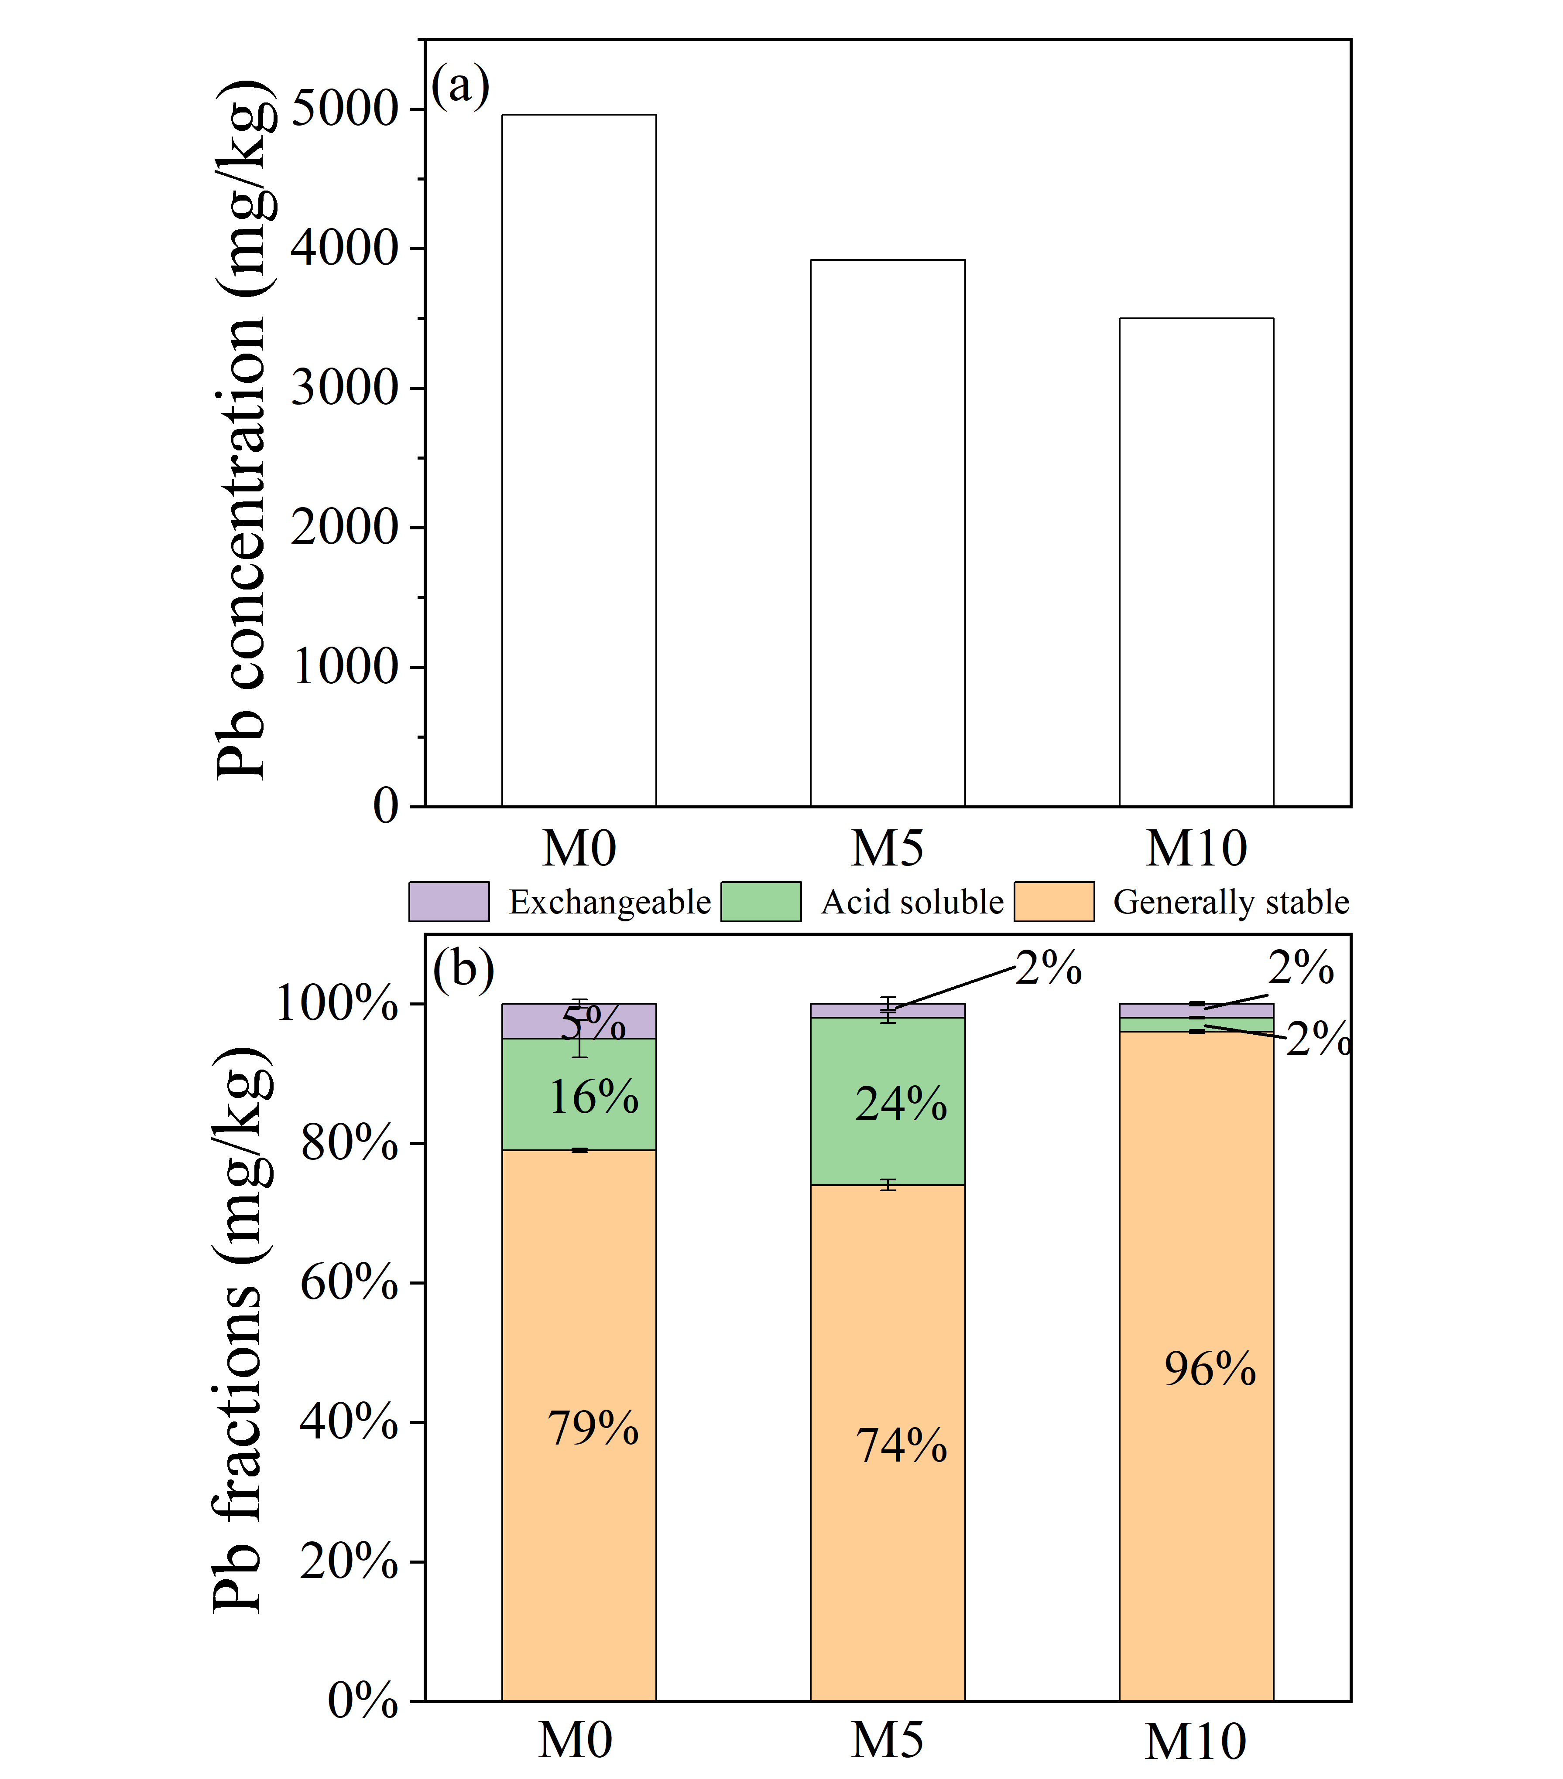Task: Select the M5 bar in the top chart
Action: pos(887,533)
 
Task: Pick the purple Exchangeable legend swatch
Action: pos(449,902)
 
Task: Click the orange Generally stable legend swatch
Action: pos(1054,902)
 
